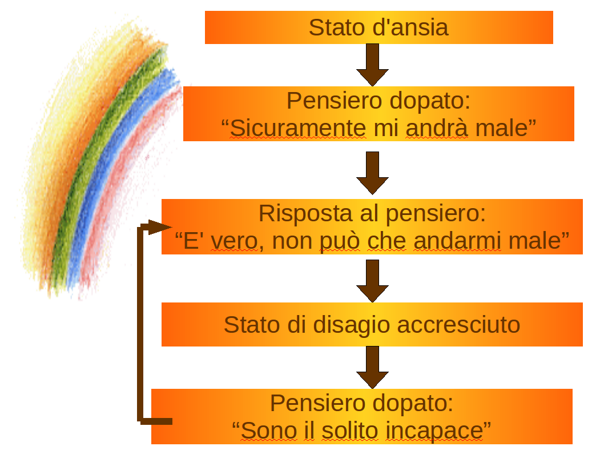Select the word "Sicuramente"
click(x=298, y=128)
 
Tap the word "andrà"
click(x=437, y=128)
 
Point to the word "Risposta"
click(x=305, y=213)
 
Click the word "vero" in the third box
click(x=234, y=241)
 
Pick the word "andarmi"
click(x=457, y=241)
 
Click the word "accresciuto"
click(x=459, y=325)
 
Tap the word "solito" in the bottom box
click(x=349, y=431)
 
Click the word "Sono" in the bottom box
click(x=269, y=431)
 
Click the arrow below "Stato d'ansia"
click(x=372, y=65)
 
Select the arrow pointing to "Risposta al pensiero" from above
click(x=372, y=173)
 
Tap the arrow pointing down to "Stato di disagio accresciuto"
click(x=372, y=281)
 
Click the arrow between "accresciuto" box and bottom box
click(x=372, y=367)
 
